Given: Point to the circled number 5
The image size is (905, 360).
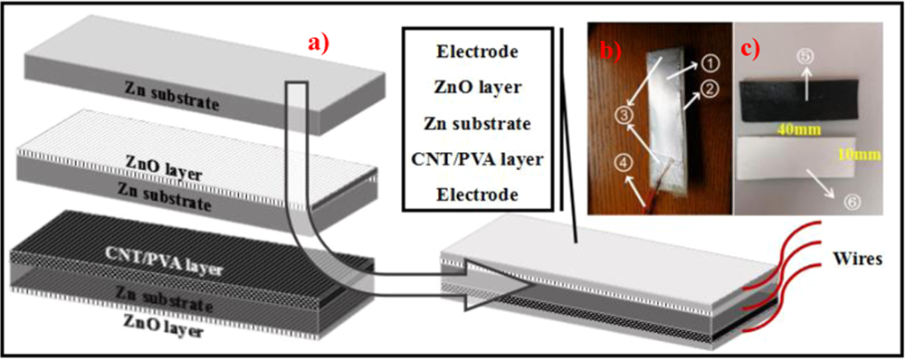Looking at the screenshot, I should [x=805, y=57].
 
